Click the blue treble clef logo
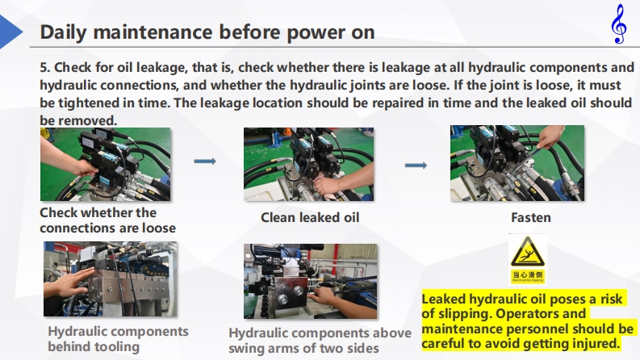click(x=619, y=23)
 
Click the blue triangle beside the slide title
click(x=10, y=31)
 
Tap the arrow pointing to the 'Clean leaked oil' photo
click(x=205, y=161)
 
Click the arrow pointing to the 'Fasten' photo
click(x=416, y=165)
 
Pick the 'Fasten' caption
click(x=530, y=218)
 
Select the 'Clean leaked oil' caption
click(x=310, y=218)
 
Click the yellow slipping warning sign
click(x=527, y=259)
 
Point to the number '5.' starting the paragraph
click(x=45, y=67)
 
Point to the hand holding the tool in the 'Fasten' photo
click(x=551, y=136)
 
